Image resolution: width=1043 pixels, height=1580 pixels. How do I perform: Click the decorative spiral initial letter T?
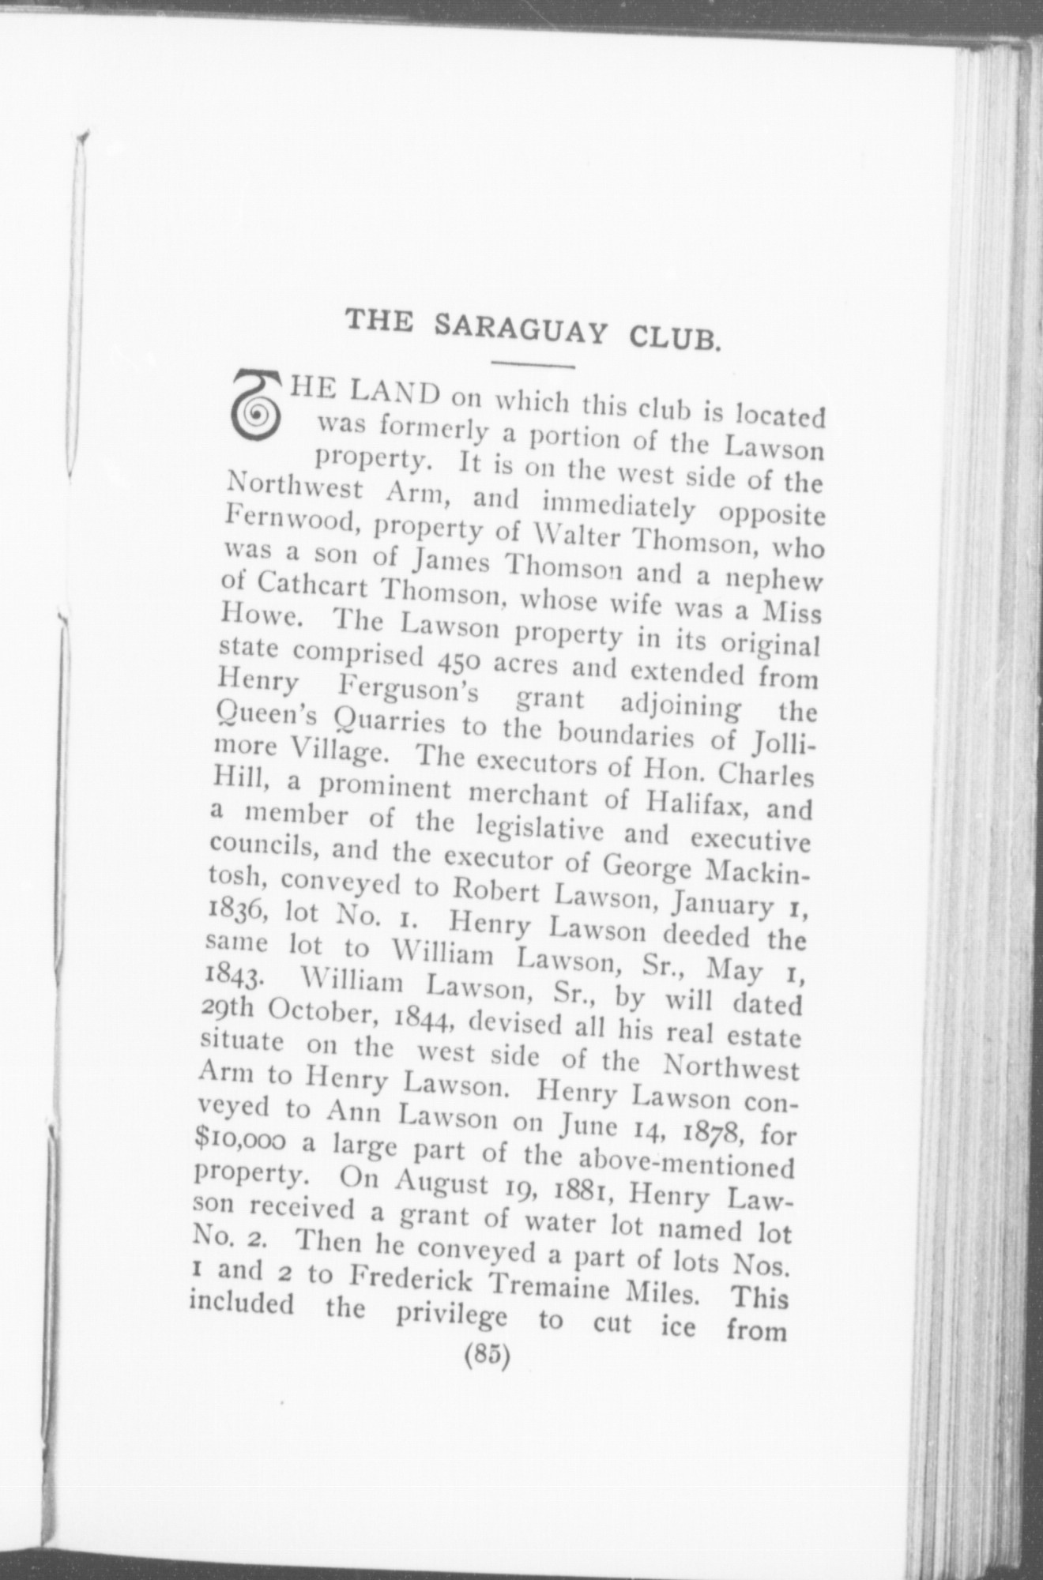click(x=255, y=408)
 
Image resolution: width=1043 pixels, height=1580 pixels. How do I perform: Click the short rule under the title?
click(x=532, y=365)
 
